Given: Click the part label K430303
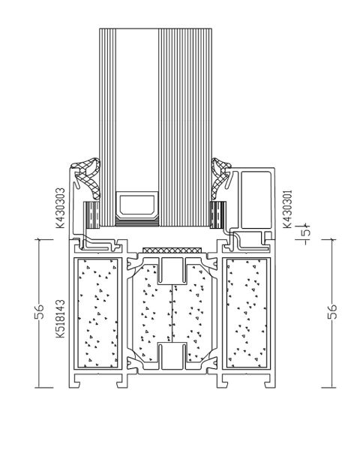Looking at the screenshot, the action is [60, 208].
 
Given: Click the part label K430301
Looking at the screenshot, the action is [287, 208].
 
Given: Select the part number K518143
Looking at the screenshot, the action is [60, 319].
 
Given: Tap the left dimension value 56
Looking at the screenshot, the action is [39, 312].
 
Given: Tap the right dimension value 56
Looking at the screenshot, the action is [331, 312].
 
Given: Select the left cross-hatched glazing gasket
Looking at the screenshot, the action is [86, 177].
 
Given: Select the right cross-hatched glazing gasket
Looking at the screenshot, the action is [220, 177].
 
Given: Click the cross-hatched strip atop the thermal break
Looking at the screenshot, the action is [172, 250].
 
